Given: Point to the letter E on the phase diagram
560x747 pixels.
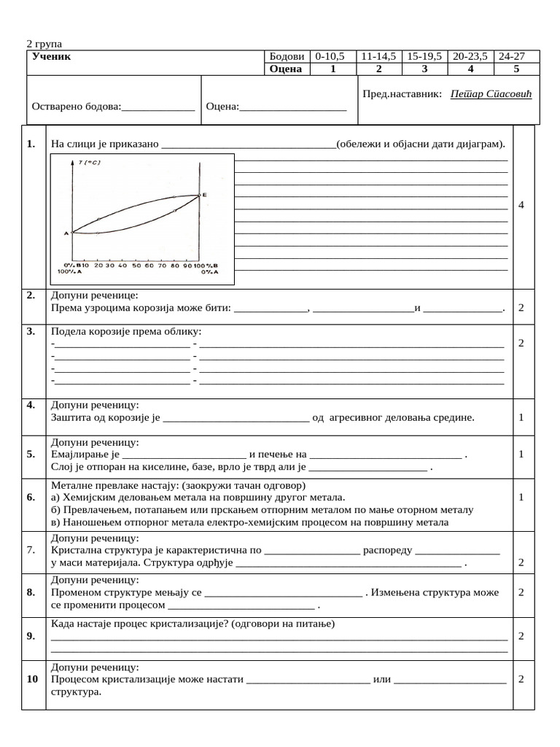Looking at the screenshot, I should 205,195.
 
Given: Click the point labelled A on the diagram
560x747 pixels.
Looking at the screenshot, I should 66,233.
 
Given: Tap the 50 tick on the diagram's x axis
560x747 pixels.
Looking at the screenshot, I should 136,266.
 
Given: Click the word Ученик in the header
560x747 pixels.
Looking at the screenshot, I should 52,56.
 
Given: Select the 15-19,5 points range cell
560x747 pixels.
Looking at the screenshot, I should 424,56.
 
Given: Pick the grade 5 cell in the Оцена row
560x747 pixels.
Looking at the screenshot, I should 516,69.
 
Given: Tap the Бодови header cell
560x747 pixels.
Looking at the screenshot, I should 286,56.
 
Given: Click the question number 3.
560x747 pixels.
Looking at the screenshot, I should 31,331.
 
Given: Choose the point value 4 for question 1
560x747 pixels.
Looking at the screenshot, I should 521,206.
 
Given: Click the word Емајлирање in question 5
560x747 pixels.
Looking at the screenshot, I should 75,454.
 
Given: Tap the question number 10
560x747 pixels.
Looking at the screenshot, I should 31,679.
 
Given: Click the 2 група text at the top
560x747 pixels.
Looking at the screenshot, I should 44,44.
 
